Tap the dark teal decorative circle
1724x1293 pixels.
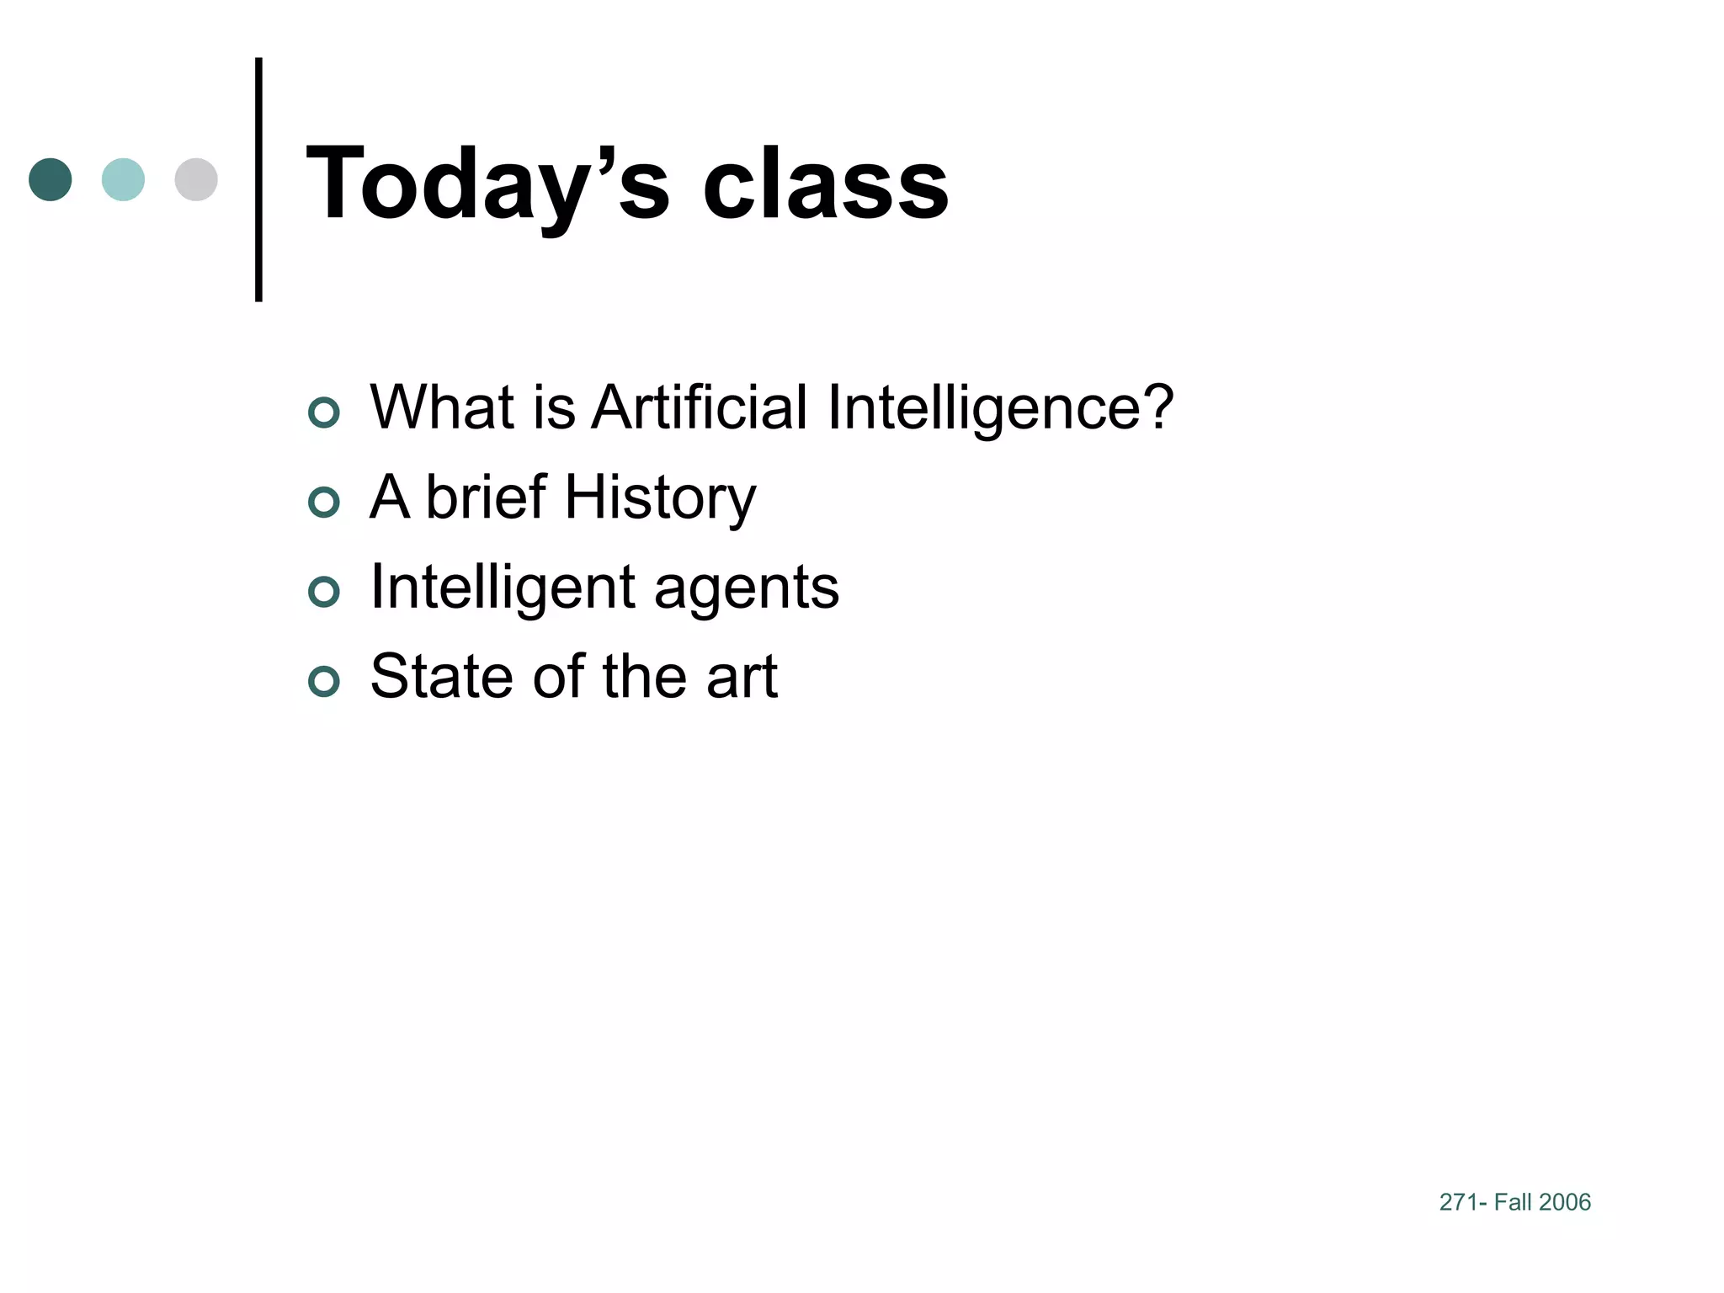tap(51, 179)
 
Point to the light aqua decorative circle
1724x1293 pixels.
tap(123, 179)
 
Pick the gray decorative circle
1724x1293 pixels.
tap(196, 179)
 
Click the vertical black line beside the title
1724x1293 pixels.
tap(258, 179)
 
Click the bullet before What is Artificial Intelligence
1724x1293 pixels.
tap(324, 412)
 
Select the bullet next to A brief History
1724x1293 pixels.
tap(324, 503)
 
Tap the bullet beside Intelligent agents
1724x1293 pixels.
tap(324, 592)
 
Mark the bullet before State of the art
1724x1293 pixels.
tap(324, 681)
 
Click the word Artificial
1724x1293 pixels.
tap(700, 407)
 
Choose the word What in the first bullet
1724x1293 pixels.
tap(442, 407)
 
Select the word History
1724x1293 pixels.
tap(660, 498)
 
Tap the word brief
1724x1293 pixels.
tap(487, 497)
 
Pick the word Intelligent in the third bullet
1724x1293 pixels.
tap(503, 588)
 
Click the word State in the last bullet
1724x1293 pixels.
tap(443, 676)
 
